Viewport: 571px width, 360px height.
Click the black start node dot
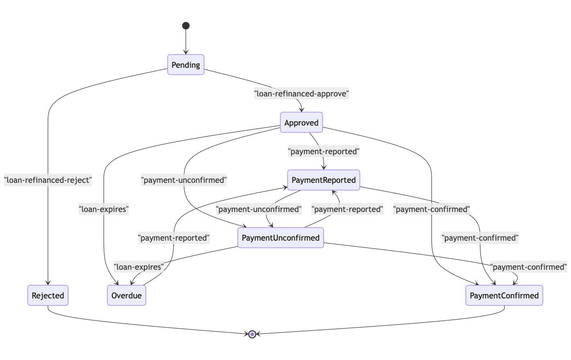tap(186, 26)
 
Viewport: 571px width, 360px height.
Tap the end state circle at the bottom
tap(252, 334)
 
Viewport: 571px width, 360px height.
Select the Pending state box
tap(186, 65)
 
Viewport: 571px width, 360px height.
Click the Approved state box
tap(302, 123)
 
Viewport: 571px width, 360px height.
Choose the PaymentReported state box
tap(323, 180)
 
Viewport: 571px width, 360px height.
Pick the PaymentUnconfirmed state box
tap(280, 238)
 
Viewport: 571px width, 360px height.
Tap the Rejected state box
tap(48, 296)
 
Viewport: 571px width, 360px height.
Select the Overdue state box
tap(126, 296)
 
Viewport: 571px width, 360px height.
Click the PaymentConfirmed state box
tap(504, 296)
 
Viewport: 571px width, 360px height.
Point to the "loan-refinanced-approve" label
tap(302, 94)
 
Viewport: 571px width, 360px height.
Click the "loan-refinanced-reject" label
tap(48, 180)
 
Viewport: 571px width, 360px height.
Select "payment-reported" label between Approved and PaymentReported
tap(323, 152)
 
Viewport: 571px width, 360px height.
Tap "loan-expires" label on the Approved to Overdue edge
tap(104, 209)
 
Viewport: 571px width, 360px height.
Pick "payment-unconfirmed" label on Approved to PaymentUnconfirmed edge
tap(184, 180)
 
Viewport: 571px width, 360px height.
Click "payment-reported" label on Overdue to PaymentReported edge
tap(173, 238)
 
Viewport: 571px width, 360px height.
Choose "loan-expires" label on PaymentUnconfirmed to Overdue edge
tap(139, 267)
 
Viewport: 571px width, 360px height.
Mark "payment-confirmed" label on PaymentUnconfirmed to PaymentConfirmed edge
tap(528, 267)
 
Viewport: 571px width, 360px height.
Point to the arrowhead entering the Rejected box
tap(48, 284)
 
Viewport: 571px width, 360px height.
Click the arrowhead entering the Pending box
tap(186, 53)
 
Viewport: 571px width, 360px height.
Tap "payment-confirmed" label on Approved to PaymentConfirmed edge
tap(431, 209)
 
